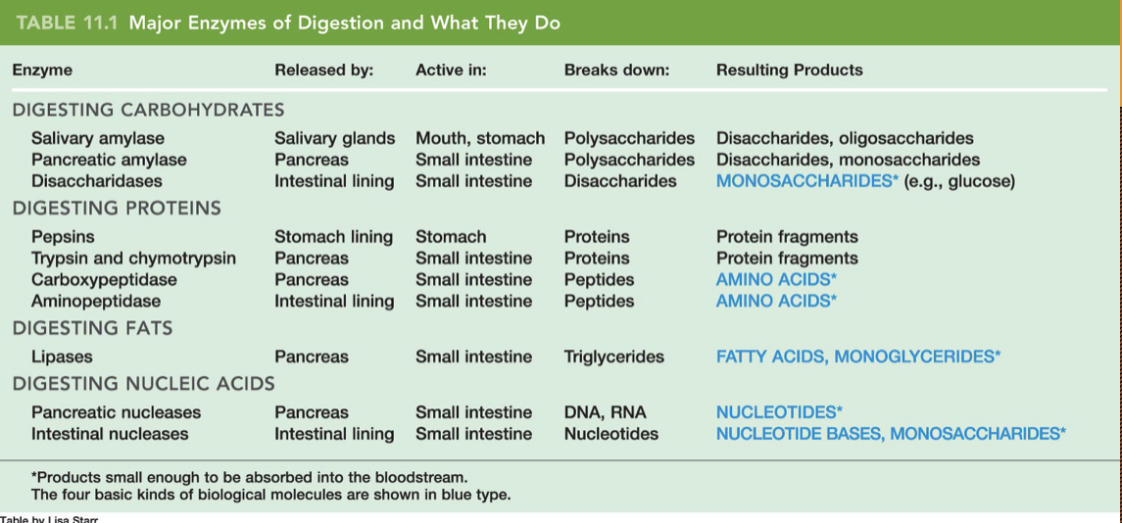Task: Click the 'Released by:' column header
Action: tap(323, 71)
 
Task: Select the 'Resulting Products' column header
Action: tap(789, 71)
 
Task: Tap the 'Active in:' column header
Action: tap(451, 71)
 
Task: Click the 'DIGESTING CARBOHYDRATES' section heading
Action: tap(148, 110)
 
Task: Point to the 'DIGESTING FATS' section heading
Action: tap(92, 329)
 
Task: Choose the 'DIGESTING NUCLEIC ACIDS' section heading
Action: tap(143, 384)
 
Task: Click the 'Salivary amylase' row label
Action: tap(98, 138)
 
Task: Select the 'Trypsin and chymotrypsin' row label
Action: tap(133, 259)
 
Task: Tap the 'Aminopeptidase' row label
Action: tap(96, 302)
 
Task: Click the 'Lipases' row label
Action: tap(62, 357)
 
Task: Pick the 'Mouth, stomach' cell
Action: tap(480, 138)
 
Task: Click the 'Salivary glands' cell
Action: tap(334, 138)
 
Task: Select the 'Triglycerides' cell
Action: tap(613, 357)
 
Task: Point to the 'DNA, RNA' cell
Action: tap(605, 412)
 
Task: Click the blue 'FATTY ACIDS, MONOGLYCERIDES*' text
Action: tap(857, 357)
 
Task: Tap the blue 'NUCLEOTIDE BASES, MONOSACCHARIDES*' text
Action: tap(891, 434)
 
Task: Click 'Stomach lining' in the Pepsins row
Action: tap(333, 237)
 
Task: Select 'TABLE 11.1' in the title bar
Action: tap(67, 23)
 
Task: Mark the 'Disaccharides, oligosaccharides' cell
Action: tap(845, 138)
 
